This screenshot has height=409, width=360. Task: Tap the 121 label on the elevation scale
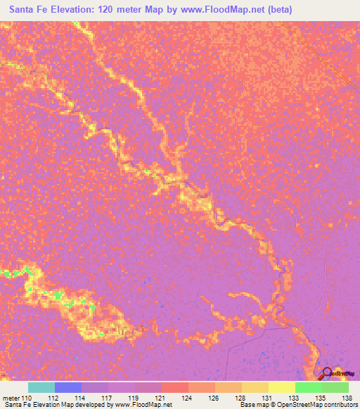pos(161,398)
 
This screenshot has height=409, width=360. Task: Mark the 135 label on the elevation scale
pos(321,398)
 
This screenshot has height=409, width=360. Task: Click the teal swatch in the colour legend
pos(41,387)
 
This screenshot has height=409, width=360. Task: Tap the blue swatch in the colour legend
pos(67,387)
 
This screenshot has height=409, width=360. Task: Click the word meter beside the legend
pos(11,398)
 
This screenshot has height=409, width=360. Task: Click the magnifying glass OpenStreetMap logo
pos(326,374)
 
